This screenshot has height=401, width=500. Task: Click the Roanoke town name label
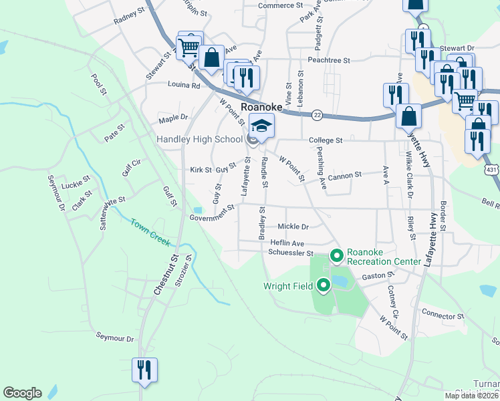[x=261, y=107]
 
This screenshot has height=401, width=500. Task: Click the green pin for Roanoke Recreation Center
[x=337, y=256]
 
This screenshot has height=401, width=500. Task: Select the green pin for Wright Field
[x=324, y=286]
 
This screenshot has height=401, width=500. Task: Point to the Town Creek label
[x=150, y=233]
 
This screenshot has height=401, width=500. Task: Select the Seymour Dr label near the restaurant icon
[x=114, y=338]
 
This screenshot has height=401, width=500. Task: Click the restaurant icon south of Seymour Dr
[x=145, y=370]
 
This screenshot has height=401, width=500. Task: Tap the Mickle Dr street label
[x=293, y=227]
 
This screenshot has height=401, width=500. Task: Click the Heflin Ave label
[x=287, y=243]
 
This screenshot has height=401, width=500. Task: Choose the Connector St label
[x=443, y=315]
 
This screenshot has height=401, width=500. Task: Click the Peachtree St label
[x=329, y=60]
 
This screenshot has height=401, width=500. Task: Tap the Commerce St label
[x=281, y=5]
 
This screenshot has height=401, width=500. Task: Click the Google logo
[x=22, y=393]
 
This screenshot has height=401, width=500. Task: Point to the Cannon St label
[x=345, y=175]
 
